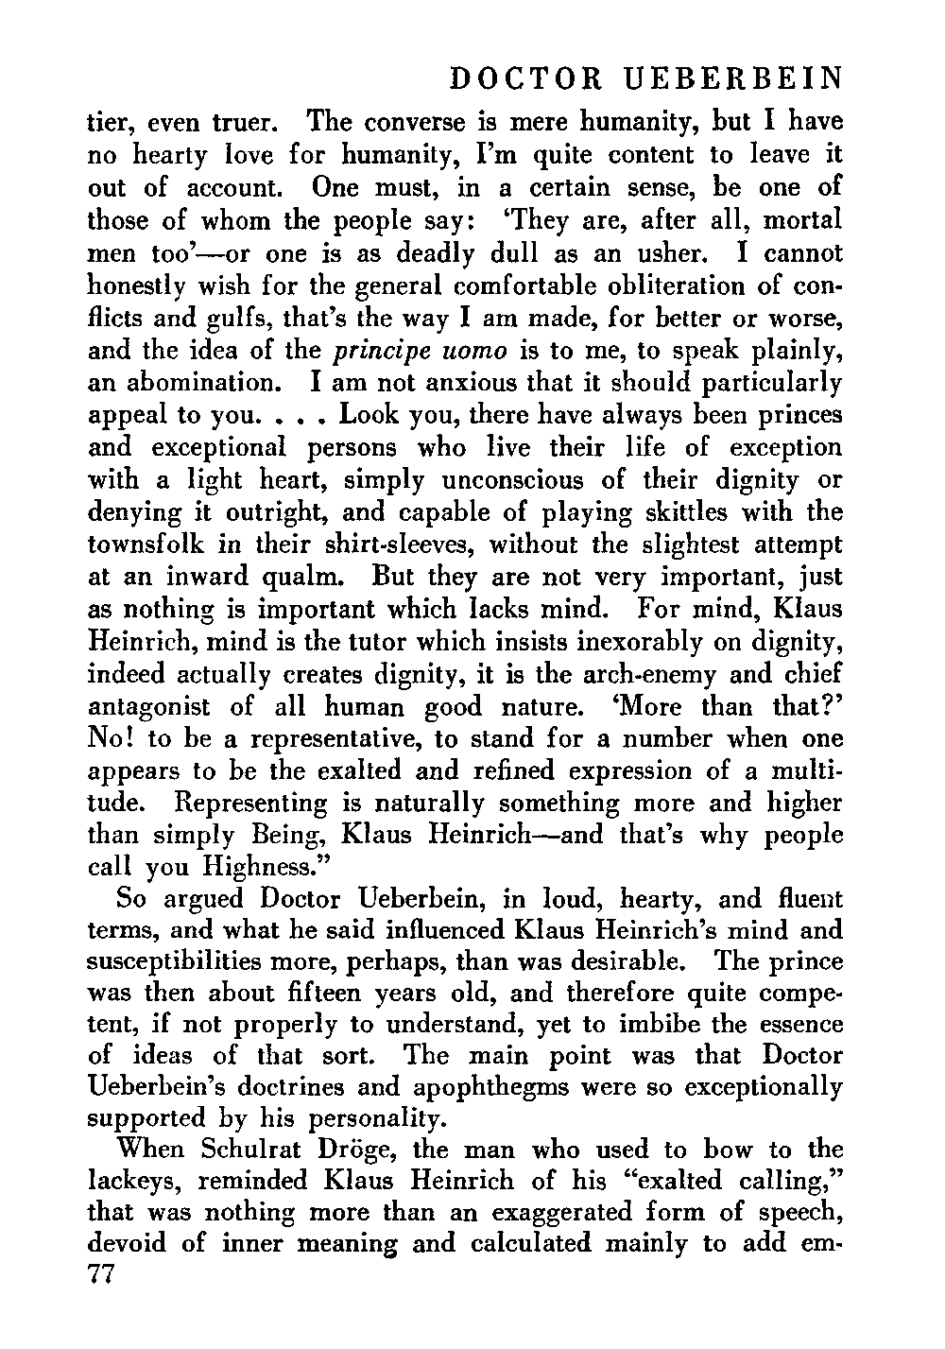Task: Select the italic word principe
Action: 383,351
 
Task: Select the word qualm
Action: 311,576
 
